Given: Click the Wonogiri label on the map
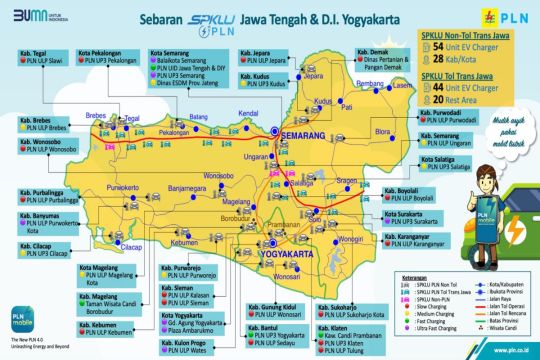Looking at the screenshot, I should (348, 238).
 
